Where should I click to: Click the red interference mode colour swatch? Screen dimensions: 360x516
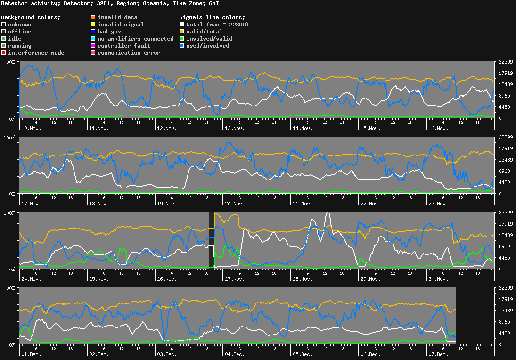(x=4, y=53)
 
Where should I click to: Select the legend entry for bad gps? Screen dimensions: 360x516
(x=109, y=32)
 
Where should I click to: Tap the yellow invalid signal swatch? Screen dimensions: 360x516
(x=93, y=25)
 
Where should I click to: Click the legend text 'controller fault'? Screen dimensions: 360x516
(x=124, y=46)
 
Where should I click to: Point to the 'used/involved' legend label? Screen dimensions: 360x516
(x=207, y=46)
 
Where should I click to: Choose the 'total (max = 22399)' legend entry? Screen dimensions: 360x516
(x=217, y=25)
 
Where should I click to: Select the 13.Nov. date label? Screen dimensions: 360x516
(x=235, y=128)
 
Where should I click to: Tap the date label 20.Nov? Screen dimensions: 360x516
(x=235, y=204)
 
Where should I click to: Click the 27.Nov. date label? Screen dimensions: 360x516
(x=235, y=279)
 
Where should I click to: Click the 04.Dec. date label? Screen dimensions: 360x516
(x=235, y=354)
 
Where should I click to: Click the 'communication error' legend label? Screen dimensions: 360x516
(x=129, y=53)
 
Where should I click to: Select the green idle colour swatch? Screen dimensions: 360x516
(x=4, y=39)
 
